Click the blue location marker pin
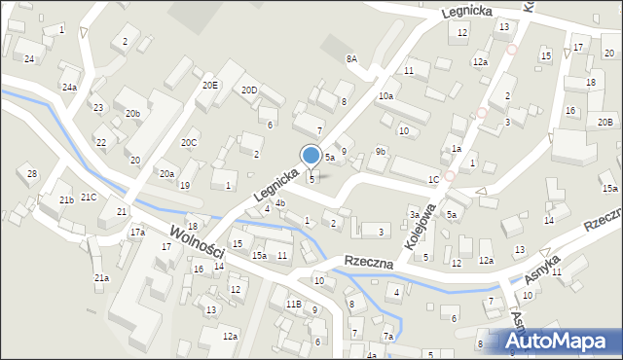[x=311, y=156]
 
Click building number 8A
[x=351, y=59]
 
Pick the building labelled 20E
[x=210, y=86]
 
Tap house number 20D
[x=249, y=90]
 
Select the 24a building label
[x=69, y=88]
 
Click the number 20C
[x=189, y=143]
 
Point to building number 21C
[x=89, y=198]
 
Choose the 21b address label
[x=66, y=200]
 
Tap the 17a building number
[x=137, y=233]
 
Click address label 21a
[x=101, y=278]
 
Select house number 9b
[x=381, y=151]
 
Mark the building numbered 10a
[x=385, y=95]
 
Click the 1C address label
[x=433, y=180]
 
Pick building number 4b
[x=279, y=203]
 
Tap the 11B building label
[x=293, y=305]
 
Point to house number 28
[x=32, y=174]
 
